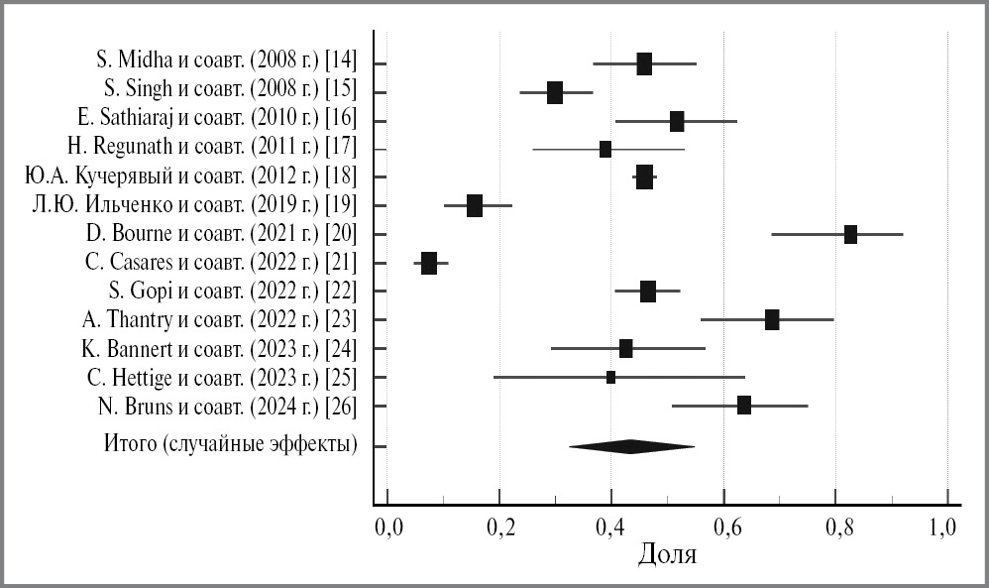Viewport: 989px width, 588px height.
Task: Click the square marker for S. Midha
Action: click(644, 64)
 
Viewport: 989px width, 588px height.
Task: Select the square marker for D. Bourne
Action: click(850, 235)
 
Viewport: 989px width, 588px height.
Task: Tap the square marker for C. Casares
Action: click(428, 263)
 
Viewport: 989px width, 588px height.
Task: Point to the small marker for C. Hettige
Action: click(610, 377)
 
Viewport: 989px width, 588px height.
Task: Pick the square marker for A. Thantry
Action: click(772, 319)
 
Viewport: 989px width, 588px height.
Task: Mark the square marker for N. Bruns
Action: click(744, 405)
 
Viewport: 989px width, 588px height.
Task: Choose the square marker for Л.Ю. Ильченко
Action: click(475, 205)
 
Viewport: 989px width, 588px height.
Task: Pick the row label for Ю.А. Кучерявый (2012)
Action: click(191, 177)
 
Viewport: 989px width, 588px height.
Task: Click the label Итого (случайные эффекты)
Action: click(230, 444)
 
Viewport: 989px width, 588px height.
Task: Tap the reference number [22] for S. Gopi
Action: click(340, 291)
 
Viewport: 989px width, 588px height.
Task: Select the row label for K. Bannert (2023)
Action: click(219, 348)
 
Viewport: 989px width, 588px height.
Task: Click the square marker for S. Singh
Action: click(555, 93)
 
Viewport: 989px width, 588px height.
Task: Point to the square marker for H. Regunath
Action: click(605, 150)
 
